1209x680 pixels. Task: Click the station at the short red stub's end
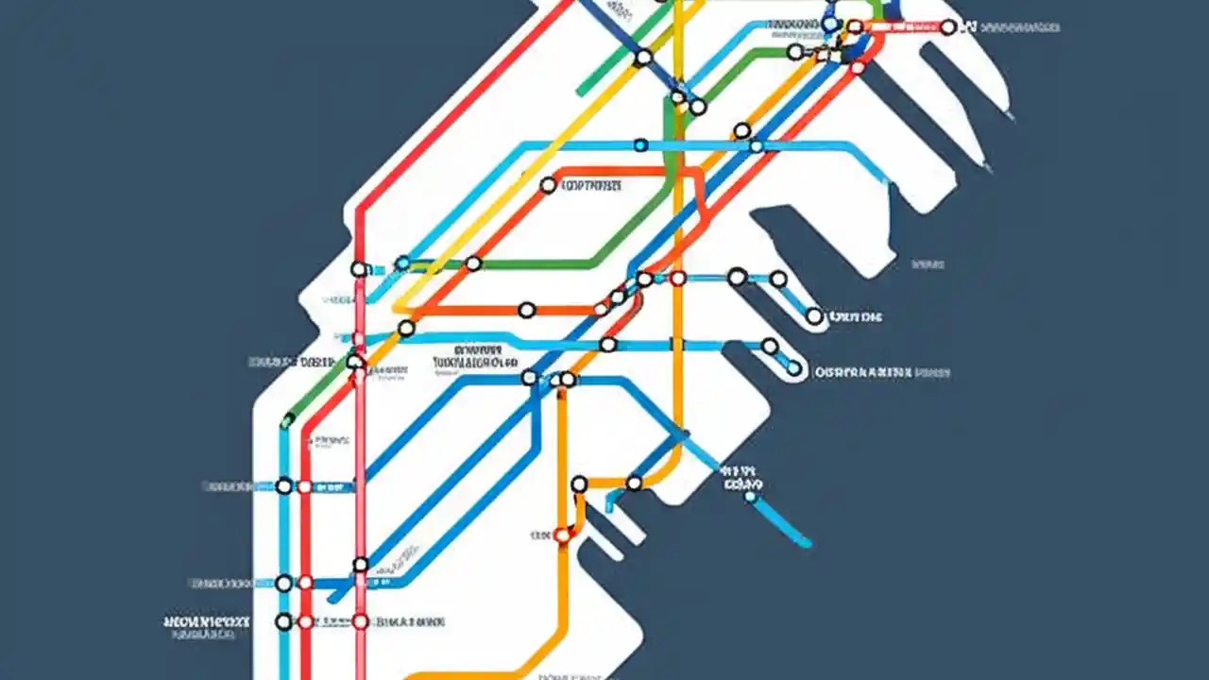947,28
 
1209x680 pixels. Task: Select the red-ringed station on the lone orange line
562,535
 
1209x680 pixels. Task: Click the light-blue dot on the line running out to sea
751,496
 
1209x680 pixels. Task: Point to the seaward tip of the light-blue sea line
807,543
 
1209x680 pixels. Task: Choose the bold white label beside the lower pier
881,373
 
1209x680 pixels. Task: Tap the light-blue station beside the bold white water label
794,367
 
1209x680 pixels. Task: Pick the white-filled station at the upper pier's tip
814,316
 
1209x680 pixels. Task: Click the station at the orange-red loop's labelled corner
548,186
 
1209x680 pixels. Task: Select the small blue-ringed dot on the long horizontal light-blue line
640,145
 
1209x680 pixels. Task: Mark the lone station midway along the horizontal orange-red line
526,310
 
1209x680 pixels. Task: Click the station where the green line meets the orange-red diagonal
472,263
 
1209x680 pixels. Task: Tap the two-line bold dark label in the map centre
475,361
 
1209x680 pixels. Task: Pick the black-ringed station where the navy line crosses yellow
643,58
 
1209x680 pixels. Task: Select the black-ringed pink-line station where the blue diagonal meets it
360,565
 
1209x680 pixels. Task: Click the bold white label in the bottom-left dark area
206,622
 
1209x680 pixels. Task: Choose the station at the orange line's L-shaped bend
579,484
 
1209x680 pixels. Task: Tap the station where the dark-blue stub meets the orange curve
634,483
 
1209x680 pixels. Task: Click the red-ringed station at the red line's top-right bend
858,67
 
